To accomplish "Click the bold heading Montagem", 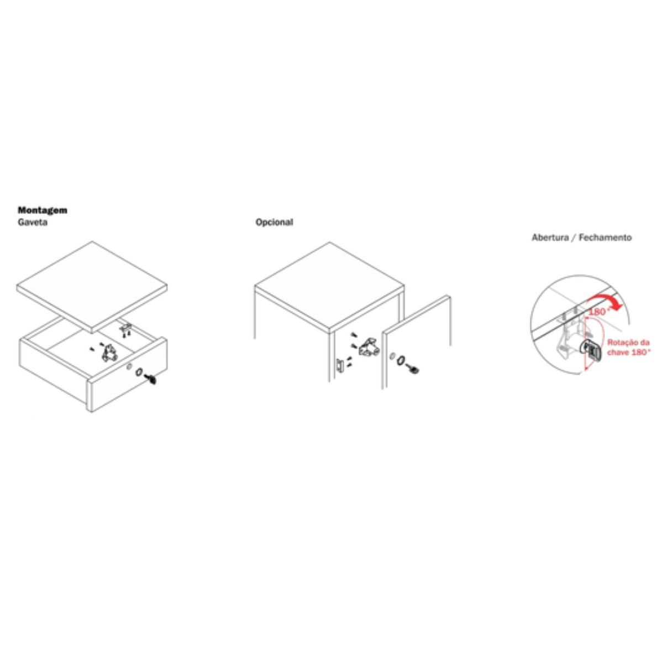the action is coord(43,210).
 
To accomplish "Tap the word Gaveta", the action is coord(33,222).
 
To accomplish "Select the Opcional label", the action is coord(274,222).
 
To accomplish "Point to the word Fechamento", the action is coord(606,238).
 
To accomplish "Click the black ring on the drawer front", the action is coord(139,372).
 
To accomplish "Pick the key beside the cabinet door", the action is coord(413,370).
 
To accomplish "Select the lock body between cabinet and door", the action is coord(369,348).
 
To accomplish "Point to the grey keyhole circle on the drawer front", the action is coord(129,367).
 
